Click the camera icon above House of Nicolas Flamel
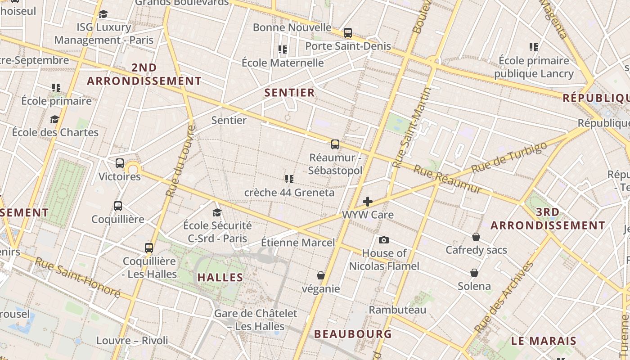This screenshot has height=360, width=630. [384, 240]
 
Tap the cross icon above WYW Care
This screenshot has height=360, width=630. [368, 202]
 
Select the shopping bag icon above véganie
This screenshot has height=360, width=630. [321, 275]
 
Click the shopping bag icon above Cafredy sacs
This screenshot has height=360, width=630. [476, 237]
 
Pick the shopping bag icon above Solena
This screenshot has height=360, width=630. [474, 273]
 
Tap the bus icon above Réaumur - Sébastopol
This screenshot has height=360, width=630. [335, 144]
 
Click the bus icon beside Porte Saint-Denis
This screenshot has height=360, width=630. [348, 33]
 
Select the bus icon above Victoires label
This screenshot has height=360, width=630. [120, 163]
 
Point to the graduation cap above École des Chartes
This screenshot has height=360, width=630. [55, 119]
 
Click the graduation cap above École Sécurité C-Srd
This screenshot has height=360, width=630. [217, 212]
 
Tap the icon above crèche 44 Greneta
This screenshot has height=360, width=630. [289, 180]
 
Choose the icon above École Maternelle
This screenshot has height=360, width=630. [283, 49]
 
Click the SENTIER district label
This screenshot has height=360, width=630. [289, 93]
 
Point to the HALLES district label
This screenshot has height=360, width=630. [220, 278]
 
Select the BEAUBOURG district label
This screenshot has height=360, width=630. [353, 334]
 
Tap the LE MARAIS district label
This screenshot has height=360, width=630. [544, 341]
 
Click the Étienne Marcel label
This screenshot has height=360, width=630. [298, 243]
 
